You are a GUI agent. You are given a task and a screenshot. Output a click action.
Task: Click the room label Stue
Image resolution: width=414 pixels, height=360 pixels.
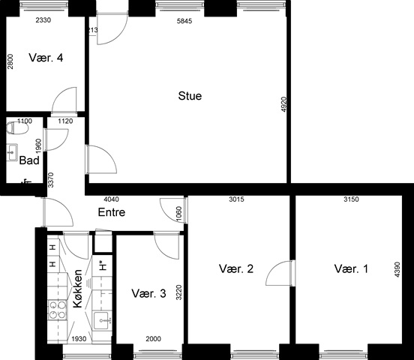point(190,96)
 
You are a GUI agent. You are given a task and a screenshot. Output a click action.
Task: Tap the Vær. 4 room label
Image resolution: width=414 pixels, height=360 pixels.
point(46,58)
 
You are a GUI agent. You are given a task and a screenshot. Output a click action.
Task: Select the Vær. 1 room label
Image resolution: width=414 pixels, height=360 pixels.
point(351,268)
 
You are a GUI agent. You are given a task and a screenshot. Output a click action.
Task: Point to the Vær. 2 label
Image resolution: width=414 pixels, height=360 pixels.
point(236,268)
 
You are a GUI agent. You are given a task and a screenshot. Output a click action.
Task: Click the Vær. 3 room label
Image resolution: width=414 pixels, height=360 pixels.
point(148,293)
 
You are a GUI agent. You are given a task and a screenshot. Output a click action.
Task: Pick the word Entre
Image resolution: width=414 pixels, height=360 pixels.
point(112,212)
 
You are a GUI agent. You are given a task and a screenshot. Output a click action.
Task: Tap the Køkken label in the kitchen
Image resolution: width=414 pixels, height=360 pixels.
point(78,289)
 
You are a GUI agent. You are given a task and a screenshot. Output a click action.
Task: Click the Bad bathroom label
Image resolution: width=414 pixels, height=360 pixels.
point(29,160)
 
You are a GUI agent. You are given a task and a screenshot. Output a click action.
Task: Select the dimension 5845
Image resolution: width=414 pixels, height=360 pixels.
point(184,21)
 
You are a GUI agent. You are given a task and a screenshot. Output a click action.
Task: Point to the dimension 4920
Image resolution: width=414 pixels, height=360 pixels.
point(283,104)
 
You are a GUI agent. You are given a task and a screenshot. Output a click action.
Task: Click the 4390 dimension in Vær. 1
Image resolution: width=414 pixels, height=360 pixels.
point(397,269)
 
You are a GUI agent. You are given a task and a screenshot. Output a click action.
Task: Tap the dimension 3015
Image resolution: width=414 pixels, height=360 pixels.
point(236,199)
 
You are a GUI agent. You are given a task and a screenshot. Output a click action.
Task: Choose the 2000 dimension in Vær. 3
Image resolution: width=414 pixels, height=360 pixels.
point(153,338)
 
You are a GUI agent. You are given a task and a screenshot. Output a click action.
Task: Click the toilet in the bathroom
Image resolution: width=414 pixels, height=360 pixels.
point(17,128)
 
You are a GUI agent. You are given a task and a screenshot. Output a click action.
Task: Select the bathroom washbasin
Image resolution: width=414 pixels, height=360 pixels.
point(12,152)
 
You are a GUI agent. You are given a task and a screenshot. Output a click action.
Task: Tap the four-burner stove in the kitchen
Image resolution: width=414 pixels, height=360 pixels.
point(57,310)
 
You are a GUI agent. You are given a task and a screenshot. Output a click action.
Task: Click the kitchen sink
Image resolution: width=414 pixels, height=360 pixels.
point(102,320)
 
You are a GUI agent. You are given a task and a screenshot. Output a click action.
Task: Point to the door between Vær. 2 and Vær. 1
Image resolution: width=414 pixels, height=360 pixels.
point(280,273)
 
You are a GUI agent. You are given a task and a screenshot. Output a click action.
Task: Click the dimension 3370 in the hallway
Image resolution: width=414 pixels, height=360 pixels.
point(51,180)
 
